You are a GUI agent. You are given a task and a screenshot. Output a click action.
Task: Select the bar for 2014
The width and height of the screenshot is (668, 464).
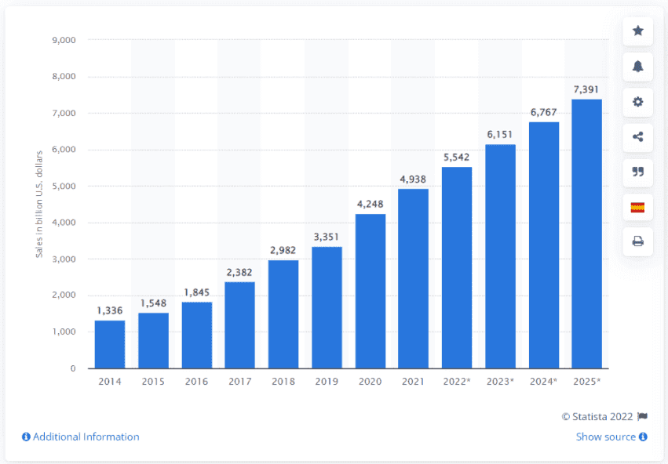(110, 344)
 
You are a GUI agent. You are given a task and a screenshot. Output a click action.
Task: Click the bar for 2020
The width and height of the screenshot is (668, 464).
(371, 291)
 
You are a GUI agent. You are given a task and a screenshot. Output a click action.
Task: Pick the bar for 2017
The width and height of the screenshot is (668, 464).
(240, 324)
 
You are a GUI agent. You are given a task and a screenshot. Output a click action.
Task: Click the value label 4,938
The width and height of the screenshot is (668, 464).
(414, 179)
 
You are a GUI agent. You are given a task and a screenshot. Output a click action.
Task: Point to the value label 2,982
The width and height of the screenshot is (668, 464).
(283, 250)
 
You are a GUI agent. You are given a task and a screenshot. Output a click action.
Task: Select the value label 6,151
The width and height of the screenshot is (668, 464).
(500, 135)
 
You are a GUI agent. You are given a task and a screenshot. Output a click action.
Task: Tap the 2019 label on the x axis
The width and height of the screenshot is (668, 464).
(327, 382)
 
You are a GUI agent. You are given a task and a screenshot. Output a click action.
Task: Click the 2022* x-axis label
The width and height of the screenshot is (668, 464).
(457, 382)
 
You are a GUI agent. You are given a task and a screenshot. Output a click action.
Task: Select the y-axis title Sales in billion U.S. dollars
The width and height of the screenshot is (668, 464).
(38, 204)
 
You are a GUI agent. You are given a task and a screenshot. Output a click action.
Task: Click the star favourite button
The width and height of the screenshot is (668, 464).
(637, 31)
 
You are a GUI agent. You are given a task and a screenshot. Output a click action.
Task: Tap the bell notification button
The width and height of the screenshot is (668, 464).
(637, 67)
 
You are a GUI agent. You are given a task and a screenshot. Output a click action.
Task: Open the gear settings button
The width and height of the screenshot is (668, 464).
(637, 102)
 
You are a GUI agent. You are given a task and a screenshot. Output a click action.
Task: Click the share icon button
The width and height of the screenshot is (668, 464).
(637, 137)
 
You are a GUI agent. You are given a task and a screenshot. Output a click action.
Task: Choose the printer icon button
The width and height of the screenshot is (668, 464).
(637, 242)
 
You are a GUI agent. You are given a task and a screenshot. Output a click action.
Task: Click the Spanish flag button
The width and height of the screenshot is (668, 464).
(637, 208)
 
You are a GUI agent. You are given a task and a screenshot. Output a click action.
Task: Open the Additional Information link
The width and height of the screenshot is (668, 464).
(81, 437)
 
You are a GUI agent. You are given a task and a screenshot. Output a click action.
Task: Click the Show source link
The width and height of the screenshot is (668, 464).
(611, 437)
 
